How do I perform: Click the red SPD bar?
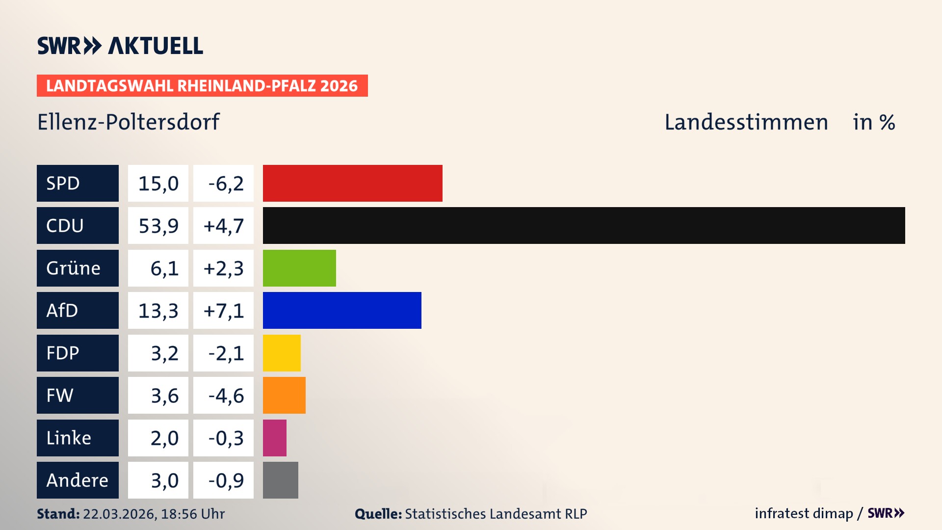[352, 183]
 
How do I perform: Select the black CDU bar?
[584, 225]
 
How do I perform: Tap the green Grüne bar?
[299, 268]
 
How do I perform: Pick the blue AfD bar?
[342, 310]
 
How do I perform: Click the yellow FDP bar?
[282, 353]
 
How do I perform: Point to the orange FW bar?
[284, 395]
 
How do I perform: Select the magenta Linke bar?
[274, 438]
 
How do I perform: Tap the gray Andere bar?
[280, 480]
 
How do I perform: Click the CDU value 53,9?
[158, 226]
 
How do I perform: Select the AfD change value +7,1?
[223, 311]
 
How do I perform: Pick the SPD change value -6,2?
[225, 184]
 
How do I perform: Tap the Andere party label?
[78, 480]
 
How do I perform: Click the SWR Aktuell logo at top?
[120, 46]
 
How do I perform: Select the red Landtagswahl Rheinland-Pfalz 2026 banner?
[202, 86]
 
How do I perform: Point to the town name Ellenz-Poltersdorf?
[128, 122]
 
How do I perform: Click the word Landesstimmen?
[746, 122]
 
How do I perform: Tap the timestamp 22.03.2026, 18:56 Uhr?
[154, 514]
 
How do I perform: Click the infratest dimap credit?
[803, 513]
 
